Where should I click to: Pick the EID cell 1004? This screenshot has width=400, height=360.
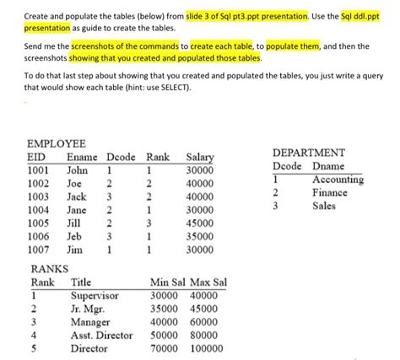click(x=40, y=210)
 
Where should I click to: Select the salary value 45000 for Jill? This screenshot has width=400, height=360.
click(x=200, y=223)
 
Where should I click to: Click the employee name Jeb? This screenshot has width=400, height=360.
click(x=75, y=237)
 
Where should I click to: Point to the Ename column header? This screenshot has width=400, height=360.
click(x=81, y=156)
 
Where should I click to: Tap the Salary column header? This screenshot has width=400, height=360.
click(x=199, y=156)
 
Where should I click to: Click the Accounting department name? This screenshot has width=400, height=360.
click(x=338, y=180)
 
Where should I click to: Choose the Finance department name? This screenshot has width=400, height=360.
click(x=330, y=193)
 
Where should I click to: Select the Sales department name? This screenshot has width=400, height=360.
click(x=325, y=206)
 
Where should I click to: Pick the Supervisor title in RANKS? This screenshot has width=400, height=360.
click(x=95, y=296)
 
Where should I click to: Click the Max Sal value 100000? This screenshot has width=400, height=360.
click(x=208, y=348)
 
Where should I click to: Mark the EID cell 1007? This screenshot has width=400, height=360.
click(x=40, y=250)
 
